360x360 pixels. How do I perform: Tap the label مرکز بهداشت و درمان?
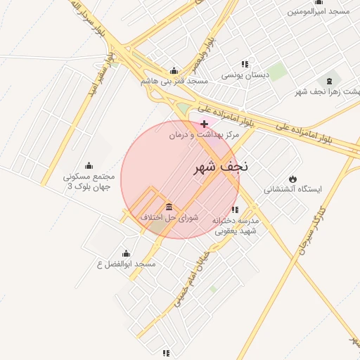point(204,134)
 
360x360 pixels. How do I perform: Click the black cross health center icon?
point(204,124)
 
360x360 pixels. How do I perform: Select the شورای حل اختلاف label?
point(169,217)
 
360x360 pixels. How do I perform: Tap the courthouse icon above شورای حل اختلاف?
point(169,207)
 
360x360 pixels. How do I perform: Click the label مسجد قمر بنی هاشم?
point(174,81)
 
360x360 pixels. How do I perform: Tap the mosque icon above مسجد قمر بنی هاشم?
point(174,70)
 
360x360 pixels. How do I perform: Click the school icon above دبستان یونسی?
point(245,64)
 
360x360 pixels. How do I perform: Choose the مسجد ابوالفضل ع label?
point(126,264)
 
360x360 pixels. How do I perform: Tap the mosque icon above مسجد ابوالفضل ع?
point(126,253)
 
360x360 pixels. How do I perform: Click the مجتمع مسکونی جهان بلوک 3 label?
point(88,181)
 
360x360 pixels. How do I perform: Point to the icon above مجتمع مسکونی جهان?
point(88,165)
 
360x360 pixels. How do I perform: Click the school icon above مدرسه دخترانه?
point(235,210)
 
